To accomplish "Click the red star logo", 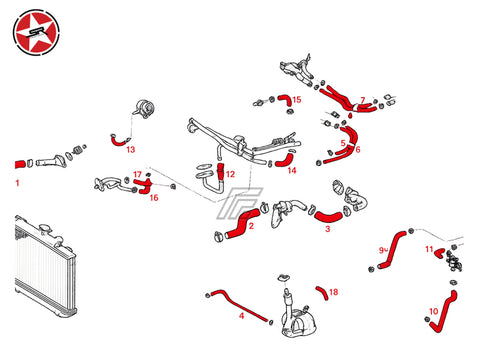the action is (x=36, y=32).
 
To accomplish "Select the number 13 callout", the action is (x=131, y=149).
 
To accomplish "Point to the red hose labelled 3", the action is (x=328, y=217).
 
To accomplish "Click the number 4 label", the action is (x=242, y=315).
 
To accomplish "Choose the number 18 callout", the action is (x=334, y=292).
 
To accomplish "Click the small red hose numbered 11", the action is (x=439, y=253).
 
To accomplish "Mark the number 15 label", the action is (x=297, y=99).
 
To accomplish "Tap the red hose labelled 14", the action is (x=285, y=160).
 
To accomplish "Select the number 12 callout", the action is (x=230, y=174).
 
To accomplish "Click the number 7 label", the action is (x=363, y=100).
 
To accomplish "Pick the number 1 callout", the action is (x=17, y=183).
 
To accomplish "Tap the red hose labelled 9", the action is (x=393, y=248).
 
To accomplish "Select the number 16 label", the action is (x=154, y=198).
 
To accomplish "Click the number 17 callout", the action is (x=137, y=174).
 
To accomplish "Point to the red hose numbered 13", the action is (x=119, y=141).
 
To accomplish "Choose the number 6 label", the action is (x=358, y=149).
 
